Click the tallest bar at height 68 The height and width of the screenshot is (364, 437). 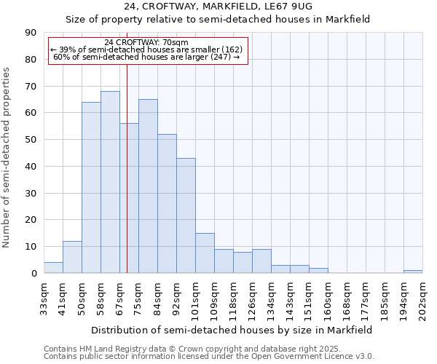[x=110, y=182]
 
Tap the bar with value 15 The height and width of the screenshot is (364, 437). [x=205, y=253]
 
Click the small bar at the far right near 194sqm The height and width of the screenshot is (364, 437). [x=413, y=272]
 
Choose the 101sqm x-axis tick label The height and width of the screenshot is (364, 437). [x=196, y=298]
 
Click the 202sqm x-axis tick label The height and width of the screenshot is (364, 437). [x=422, y=298]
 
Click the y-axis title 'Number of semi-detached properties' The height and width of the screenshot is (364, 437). [x=7, y=157]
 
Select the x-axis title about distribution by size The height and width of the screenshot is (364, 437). [x=233, y=330]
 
